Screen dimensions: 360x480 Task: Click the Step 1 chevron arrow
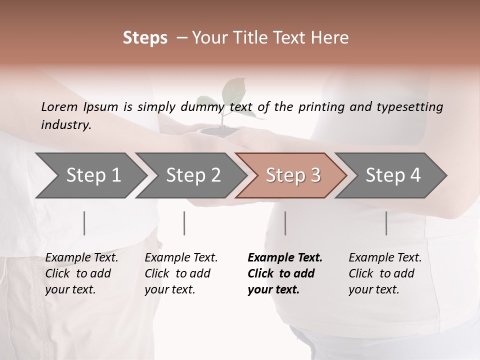point(93,175)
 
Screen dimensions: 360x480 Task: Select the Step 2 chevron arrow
point(193,175)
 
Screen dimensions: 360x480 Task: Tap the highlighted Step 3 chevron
point(293,175)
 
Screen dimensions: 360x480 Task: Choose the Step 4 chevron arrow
point(393,175)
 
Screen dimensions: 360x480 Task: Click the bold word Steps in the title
point(145,38)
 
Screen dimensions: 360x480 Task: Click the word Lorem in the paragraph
point(59,106)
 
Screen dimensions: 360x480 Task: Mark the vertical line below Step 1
point(84,223)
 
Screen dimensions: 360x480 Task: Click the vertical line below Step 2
point(184,223)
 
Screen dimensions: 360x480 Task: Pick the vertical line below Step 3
point(285,223)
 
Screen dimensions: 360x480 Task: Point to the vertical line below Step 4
point(386,223)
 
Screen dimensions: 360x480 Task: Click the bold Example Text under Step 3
point(285,258)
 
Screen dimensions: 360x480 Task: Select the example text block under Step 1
point(81,273)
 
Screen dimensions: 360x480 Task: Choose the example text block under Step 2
point(181,273)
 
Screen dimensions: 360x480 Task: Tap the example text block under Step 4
point(385,273)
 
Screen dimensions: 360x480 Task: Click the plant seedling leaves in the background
point(233,92)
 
